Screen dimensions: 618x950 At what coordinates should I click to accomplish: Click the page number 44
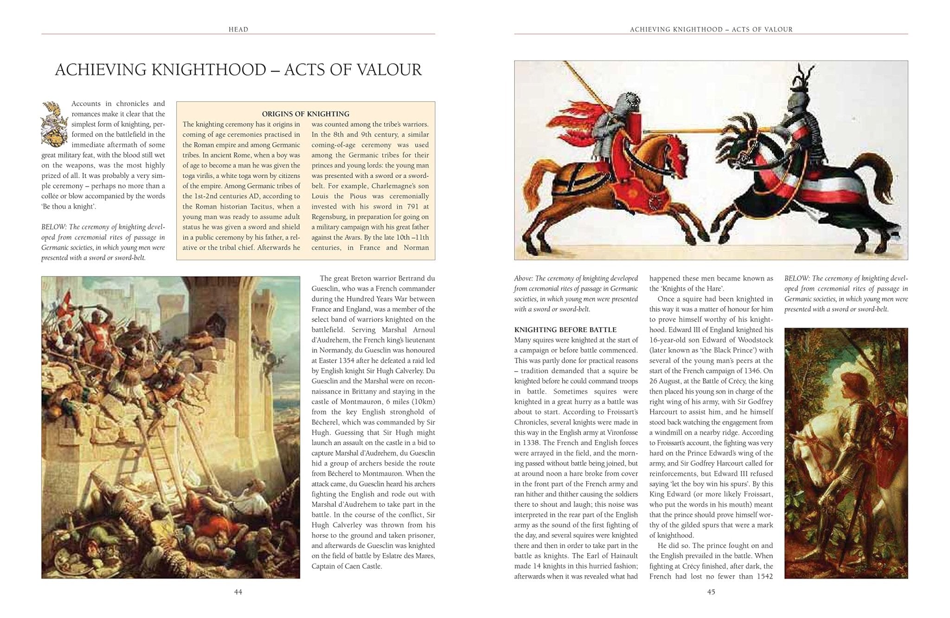238,592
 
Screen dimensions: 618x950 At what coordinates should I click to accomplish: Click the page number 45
711,592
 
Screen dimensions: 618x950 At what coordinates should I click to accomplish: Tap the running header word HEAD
238,29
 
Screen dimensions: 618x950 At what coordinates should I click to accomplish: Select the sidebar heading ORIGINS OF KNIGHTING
305,114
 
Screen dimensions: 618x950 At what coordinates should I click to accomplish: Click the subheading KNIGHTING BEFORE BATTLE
565,330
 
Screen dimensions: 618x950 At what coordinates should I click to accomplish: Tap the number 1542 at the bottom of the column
761,576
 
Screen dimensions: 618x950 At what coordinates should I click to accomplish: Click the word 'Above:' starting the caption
523,278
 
